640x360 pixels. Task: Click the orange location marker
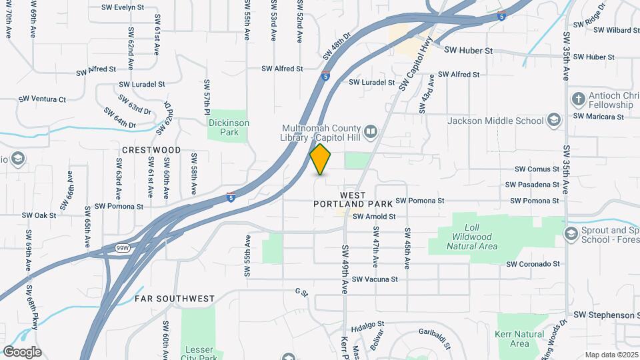[321, 159]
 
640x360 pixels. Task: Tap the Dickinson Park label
[229, 127]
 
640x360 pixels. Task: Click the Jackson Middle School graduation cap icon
[553, 121]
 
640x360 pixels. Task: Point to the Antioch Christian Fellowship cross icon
[578, 99]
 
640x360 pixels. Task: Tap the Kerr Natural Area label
[519, 339]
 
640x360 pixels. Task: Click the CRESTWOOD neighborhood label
[151, 150]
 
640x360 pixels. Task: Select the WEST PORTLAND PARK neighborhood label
[353, 200]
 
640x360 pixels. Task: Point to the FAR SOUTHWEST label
[175, 299]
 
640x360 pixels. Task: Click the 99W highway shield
[123, 248]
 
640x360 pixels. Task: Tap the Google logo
[22, 352]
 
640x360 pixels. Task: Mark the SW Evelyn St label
[123, 7]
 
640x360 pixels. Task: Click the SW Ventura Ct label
[42, 99]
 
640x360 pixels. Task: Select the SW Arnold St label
[374, 217]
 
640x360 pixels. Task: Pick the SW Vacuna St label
[375, 279]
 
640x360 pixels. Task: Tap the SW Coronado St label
[533, 264]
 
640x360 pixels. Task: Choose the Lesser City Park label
[198, 352]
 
